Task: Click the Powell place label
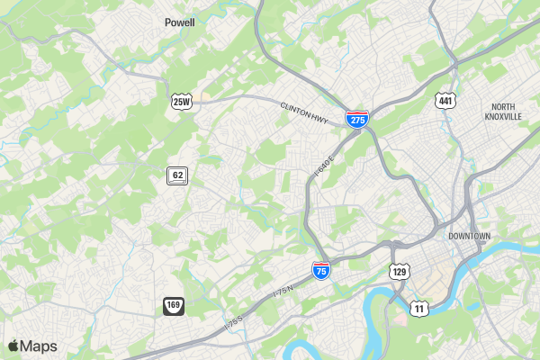click(x=180, y=22)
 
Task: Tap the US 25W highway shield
click(x=182, y=102)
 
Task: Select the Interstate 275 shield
click(x=357, y=119)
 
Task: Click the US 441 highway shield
click(x=445, y=100)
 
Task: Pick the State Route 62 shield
click(x=177, y=175)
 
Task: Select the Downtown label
click(x=469, y=236)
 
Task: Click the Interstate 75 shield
click(x=320, y=269)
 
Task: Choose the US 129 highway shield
click(x=400, y=270)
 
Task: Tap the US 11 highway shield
click(x=418, y=308)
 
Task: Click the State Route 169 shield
click(x=174, y=306)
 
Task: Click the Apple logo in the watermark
click(x=13, y=346)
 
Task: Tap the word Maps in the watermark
click(x=40, y=346)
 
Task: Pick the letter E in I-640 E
click(x=331, y=158)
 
